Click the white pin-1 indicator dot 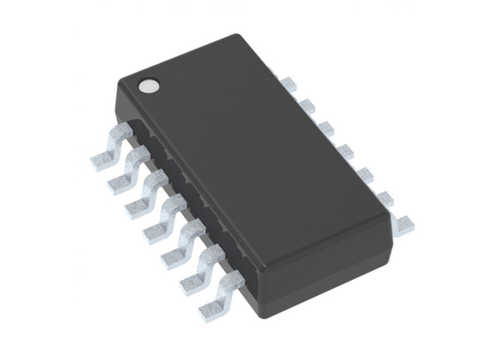[147, 85]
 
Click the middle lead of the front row [158, 221]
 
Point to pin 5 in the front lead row [177, 244]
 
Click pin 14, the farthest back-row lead [289, 84]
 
